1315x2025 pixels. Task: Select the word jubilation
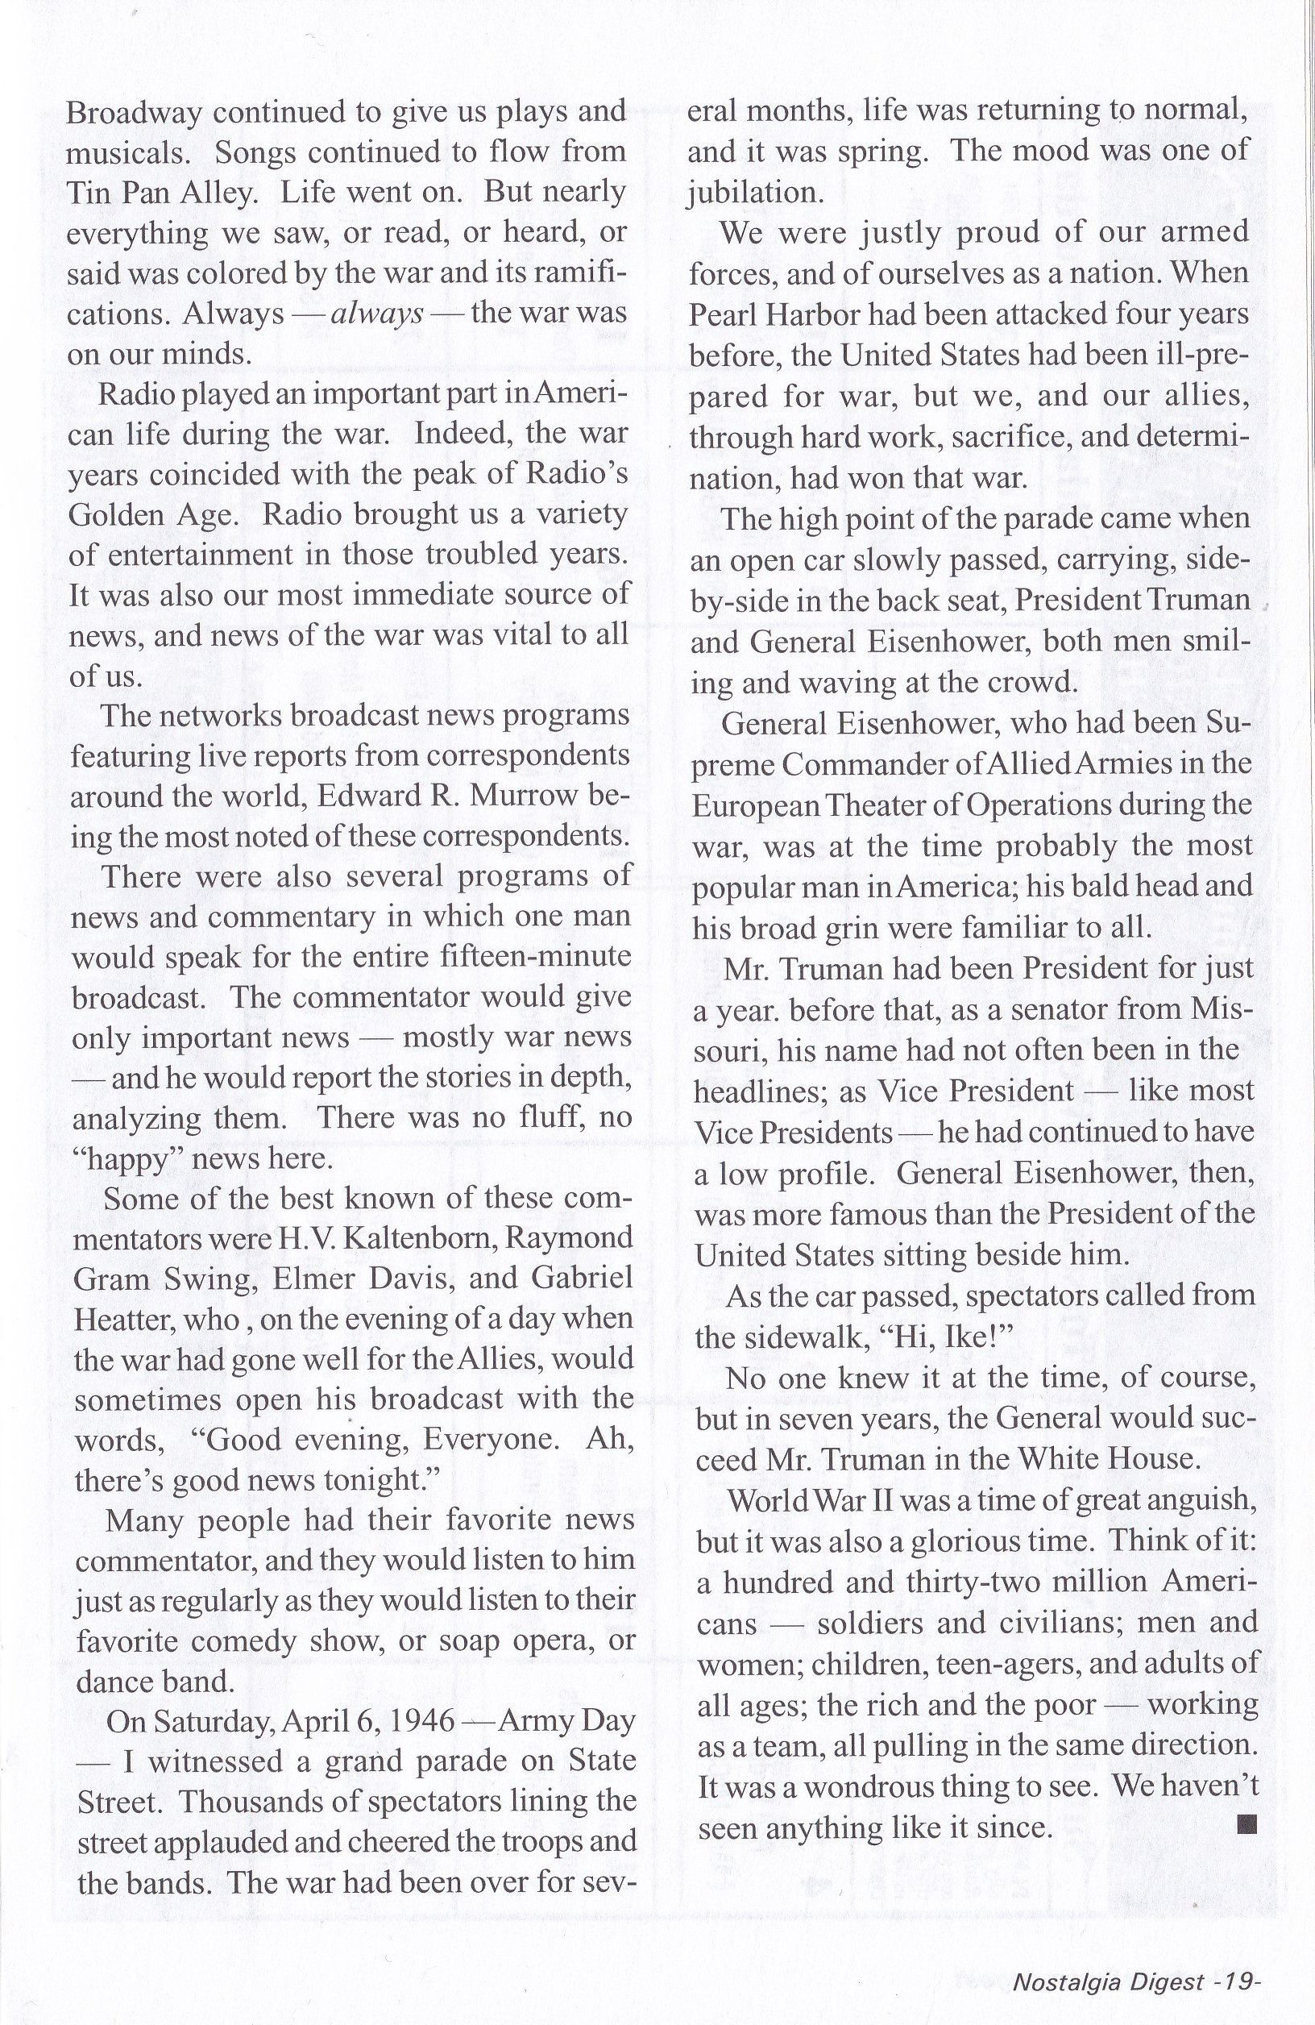755,193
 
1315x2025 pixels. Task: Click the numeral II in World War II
863,1500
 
